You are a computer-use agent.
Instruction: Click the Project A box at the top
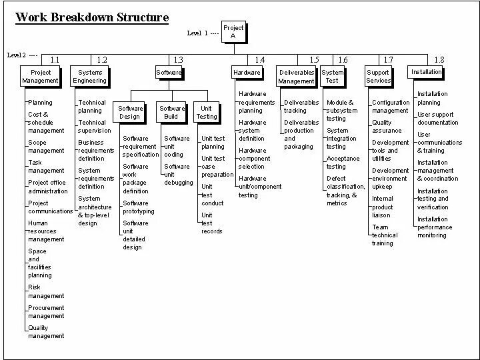[233, 32]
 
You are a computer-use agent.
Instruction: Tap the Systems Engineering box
[89, 76]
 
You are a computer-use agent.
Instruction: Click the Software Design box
[130, 112]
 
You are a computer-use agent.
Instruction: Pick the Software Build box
[172, 112]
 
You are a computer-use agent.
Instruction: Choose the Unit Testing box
[207, 112]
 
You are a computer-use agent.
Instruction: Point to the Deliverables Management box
[296, 76]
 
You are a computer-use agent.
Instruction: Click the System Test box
[332, 76]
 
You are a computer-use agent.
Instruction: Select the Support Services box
[378, 76]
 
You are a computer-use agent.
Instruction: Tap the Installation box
[426, 72]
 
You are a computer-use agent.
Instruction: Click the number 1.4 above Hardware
[260, 60]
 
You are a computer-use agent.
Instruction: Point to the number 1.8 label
[439, 60]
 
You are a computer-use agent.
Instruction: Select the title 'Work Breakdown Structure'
[91, 17]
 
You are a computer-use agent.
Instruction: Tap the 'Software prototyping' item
[138, 207]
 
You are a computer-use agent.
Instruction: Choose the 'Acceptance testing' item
[343, 163]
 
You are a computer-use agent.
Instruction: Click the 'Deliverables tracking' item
[301, 107]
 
